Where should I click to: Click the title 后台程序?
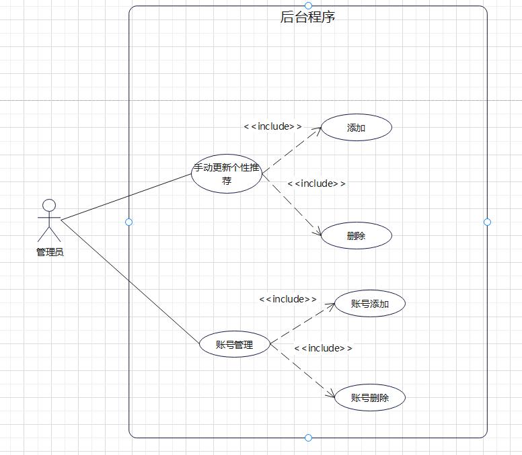307,17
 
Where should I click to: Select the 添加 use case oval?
357,128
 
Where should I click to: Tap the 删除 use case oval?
357,236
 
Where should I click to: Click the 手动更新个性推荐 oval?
227,174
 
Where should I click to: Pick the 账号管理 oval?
235,345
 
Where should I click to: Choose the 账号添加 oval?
370,304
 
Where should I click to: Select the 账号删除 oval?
370,398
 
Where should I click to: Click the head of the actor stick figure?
48,204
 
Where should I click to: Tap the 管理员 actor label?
50,253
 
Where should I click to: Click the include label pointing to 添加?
272,126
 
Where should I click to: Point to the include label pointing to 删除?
316,183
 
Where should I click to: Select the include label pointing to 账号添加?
288,299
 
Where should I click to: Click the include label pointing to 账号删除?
323,348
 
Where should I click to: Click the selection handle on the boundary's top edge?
308,6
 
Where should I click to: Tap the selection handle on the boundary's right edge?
487,222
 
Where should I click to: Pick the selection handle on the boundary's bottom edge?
308,438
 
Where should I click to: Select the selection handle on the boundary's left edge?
129,222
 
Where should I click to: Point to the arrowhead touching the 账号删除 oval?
330,395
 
